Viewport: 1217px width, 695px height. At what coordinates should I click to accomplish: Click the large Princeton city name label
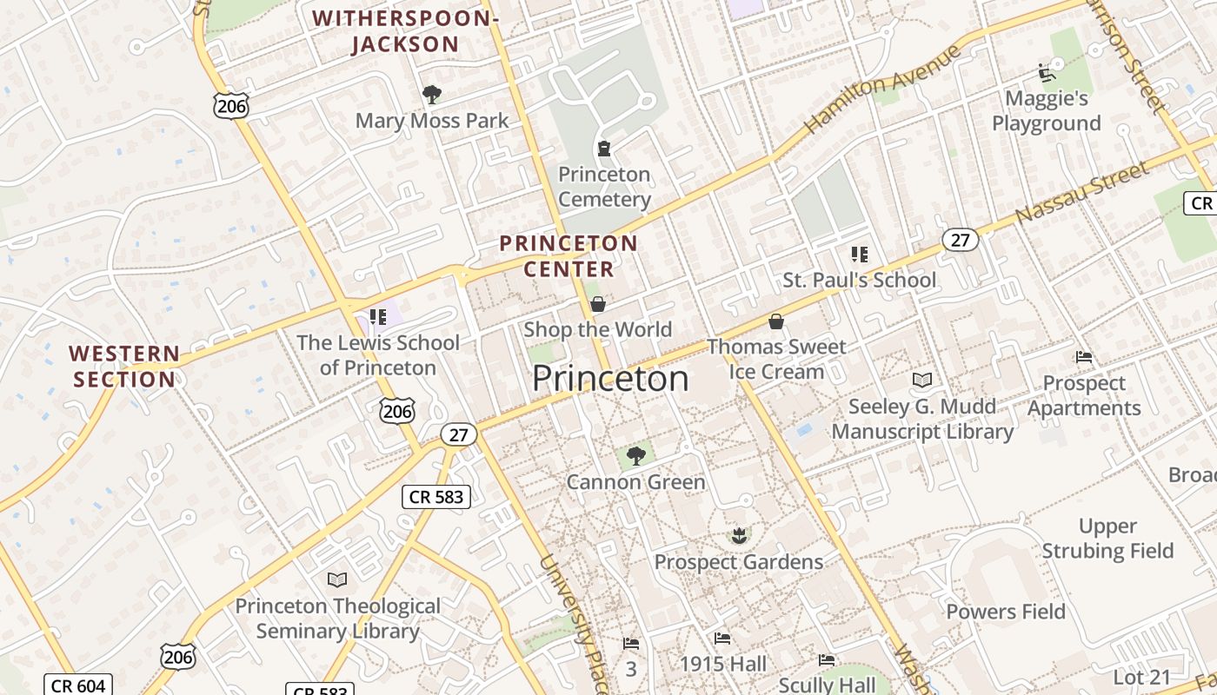(610, 379)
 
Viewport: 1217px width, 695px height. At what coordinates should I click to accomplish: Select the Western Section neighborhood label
(125, 367)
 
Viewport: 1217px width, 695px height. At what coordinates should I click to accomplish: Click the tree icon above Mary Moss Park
(431, 94)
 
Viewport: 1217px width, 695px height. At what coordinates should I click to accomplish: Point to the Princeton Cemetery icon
(604, 149)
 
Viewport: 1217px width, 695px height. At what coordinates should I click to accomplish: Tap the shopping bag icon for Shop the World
(598, 304)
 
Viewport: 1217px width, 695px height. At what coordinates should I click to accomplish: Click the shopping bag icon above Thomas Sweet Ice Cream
(776, 321)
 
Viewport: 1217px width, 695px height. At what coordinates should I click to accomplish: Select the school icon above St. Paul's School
(860, 255)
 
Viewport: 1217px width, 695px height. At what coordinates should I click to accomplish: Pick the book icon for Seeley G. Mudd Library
(922, 381)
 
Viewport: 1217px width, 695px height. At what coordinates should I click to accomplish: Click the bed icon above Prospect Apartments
(1084, 357)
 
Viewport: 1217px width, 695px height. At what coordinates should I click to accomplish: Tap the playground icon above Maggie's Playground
(1047, 72)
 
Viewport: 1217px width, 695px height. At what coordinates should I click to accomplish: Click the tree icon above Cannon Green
(636, 455)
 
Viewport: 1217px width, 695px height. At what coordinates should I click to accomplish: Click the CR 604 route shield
(78, 685)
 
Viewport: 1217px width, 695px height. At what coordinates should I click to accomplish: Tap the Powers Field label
(1006, 612)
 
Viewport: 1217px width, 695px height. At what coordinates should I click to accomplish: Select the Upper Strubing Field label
(1107, 539)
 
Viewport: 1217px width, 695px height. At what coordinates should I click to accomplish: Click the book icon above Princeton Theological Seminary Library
(336, 579)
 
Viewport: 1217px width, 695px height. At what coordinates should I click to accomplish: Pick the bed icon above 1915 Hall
(722, 639)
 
